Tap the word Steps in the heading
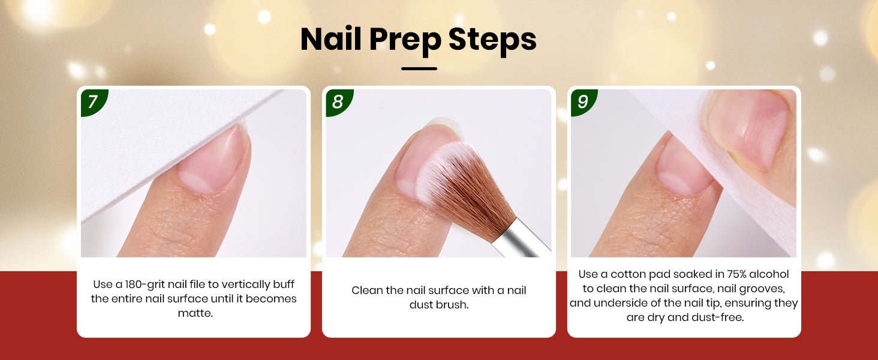pos(492,39)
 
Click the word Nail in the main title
pos(330,39)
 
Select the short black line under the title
pos(419,68)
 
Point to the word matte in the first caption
pos(194,313)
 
